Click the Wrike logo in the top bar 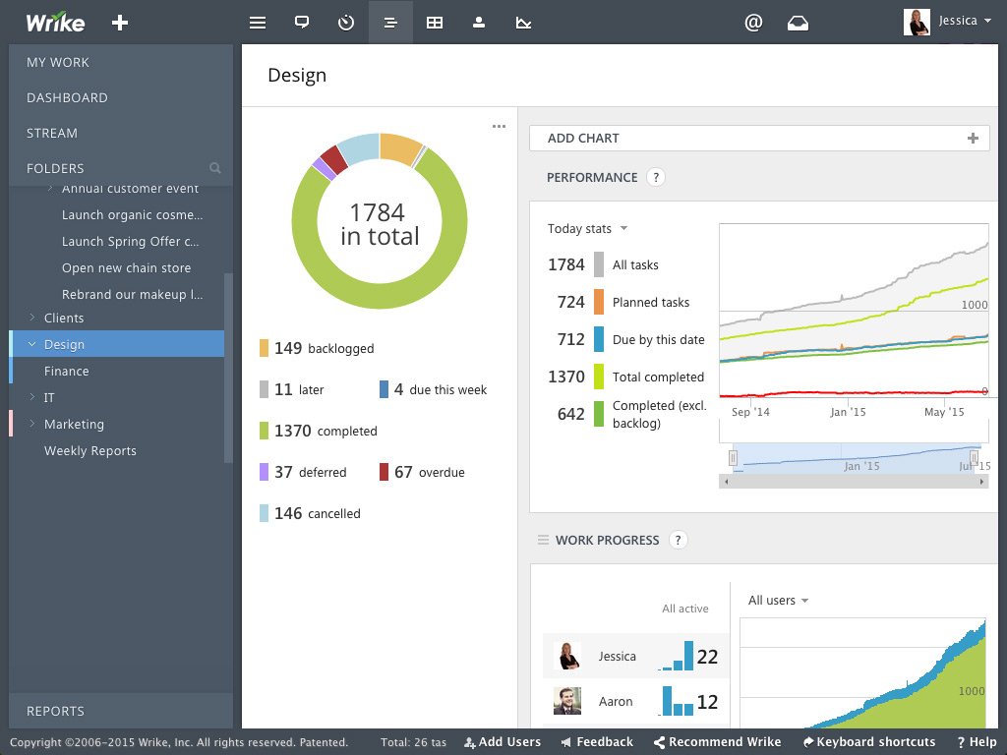pyautogui.click(x=55, y=22)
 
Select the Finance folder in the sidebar pyautogui.click(x=67, y=371)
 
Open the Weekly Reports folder pyautogui.click(x=90, y=450)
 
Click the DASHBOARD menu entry pyautogui.click(x=67, y=97)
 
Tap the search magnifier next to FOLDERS pyautogui.click(x=215, y=168)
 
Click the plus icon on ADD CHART pyautogui.click(x=973, y=139)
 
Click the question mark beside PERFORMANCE pyautogui.click(x=656, y=177)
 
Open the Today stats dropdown pyautogui.click(x=587, y=228)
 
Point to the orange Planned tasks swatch pyautogui.click(x=599, y=302)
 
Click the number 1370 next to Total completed pyautogui.click(x=566, y=377)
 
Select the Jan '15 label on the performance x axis pyautogui.click(x=848, y=412)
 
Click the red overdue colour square pyautogui.click(x=384, y=473)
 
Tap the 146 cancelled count pyautogui.click(x=288, y=513)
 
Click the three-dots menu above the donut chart pyautogui.click(x=499, y=126)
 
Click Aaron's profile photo pyautogui.click(x=566, y=701)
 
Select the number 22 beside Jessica pyautogui.click(x=707, y=657)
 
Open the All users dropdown pyautogui.click(x=778, y=600)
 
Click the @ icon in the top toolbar pyautogui.click(x=753, y=22)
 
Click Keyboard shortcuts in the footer pyautogui.click(x=869, y=742)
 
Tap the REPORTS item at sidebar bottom pyautogui.click(x=55, y=711)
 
